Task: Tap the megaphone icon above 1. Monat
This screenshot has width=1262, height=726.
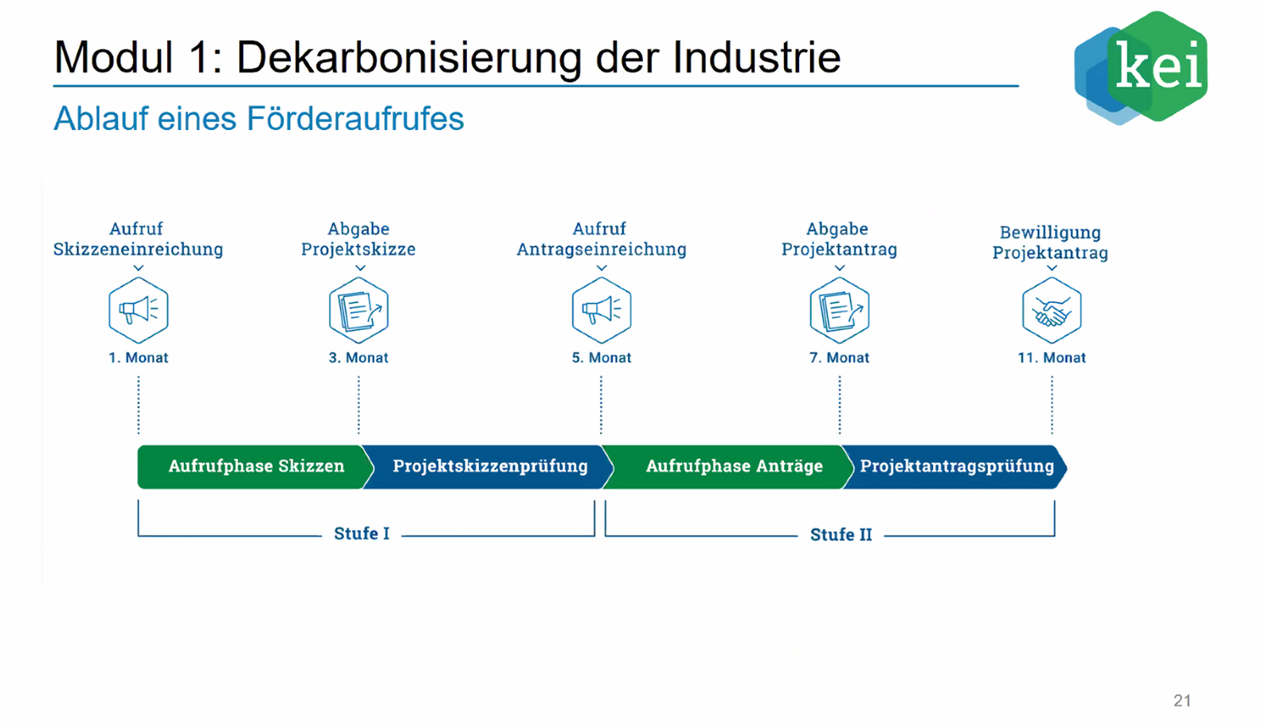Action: click(x=139, y=310)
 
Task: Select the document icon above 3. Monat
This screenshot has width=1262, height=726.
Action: click(x=359, y=310)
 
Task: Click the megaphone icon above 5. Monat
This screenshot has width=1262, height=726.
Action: click(x=602, y=310)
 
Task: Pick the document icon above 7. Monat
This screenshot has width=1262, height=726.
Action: click(x=840, y=310)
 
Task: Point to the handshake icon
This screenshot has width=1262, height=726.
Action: click(x=1052, y=310)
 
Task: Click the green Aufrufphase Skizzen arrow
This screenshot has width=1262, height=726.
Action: click(x=256, y=467)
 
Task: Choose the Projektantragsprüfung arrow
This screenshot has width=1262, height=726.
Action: click(x=955, y=467)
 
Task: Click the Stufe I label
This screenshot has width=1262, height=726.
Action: click(x=362, y=533)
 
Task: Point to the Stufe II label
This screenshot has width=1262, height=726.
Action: click(x=841, y=535)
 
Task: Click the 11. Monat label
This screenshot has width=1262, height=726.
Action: click(x=1052, y=357)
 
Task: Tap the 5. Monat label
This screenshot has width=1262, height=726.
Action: click(x=602, y=357)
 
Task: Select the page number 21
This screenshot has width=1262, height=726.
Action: click(x=1182, y=700)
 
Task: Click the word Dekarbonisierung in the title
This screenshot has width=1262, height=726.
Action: click(x=409, y=57)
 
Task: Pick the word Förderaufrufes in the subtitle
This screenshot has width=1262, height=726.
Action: click(x=355, y=119)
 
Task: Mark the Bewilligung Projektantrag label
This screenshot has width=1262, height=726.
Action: click(x=1050, y=242)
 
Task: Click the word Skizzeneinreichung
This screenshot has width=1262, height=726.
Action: click(x=138, y=249)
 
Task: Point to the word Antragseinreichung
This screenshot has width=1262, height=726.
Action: click(x=602, y=249)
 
